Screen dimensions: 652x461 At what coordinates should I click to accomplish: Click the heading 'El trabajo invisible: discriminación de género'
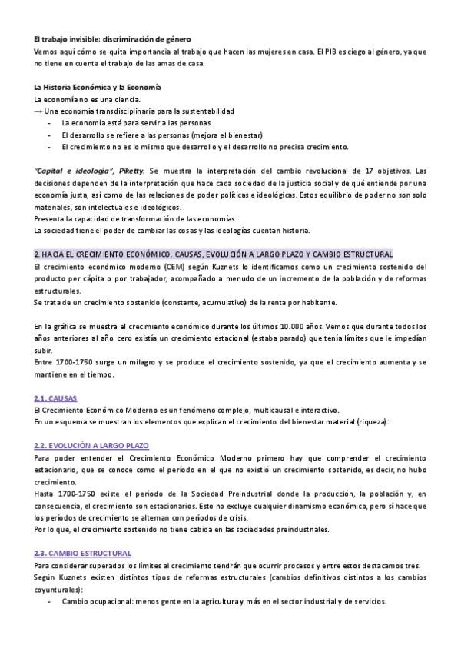(112, 39)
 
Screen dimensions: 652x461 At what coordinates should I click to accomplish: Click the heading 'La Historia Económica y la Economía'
(97, 87)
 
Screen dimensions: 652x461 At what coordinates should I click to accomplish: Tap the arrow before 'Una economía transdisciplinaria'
(38, 111)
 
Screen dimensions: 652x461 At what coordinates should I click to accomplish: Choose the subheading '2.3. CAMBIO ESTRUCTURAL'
(82, 553)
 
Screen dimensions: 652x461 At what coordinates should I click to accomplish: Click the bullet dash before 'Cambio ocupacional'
(49, 601)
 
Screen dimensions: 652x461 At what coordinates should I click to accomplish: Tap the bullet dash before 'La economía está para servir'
(49, 123)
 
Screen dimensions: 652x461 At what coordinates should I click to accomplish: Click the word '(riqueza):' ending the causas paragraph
(371, 422)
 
